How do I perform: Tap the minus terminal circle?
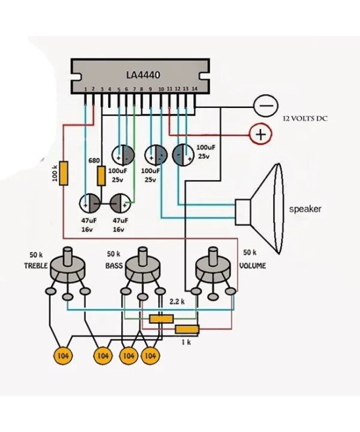(265, 105)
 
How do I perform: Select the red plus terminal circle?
(261, 134)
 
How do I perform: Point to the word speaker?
(305, 209)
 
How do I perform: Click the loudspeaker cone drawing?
(268, 209)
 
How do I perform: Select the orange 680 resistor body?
(101, 176)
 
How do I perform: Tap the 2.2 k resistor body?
(161, 318)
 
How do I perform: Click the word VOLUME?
(252, 266)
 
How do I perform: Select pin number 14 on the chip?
(194, 88)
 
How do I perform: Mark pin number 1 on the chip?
(85, 88)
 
